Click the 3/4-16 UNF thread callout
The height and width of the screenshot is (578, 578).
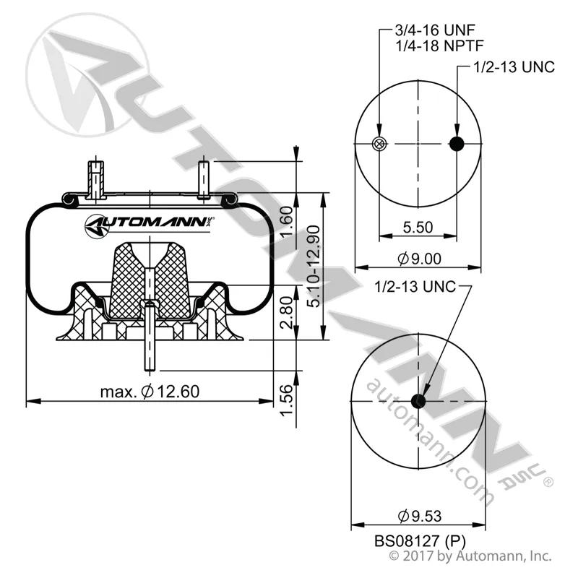(435, 30)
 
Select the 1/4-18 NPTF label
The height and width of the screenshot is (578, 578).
(439, 46)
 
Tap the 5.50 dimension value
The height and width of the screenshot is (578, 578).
(418, 227)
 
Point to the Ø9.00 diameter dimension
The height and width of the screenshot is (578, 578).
(420, 259)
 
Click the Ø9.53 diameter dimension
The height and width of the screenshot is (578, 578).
(420, 516)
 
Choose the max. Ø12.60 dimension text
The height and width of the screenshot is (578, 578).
(150, 391)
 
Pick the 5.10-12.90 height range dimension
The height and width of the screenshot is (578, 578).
(314, 266)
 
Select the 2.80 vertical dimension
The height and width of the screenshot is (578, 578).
(286, 313)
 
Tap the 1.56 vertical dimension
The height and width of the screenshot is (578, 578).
(286, 400)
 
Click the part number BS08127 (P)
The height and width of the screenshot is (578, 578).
(420, 541)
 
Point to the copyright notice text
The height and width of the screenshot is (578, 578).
(470, 556)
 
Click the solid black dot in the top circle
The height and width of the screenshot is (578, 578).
(457, 143)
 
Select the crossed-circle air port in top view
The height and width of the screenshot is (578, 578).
(379, 143)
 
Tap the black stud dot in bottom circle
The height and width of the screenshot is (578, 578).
(418, 401)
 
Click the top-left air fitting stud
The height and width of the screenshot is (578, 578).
(96, 180)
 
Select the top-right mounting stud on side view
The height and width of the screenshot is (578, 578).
(204, 180)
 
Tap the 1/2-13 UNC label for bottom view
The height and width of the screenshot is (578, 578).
(415, 286)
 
